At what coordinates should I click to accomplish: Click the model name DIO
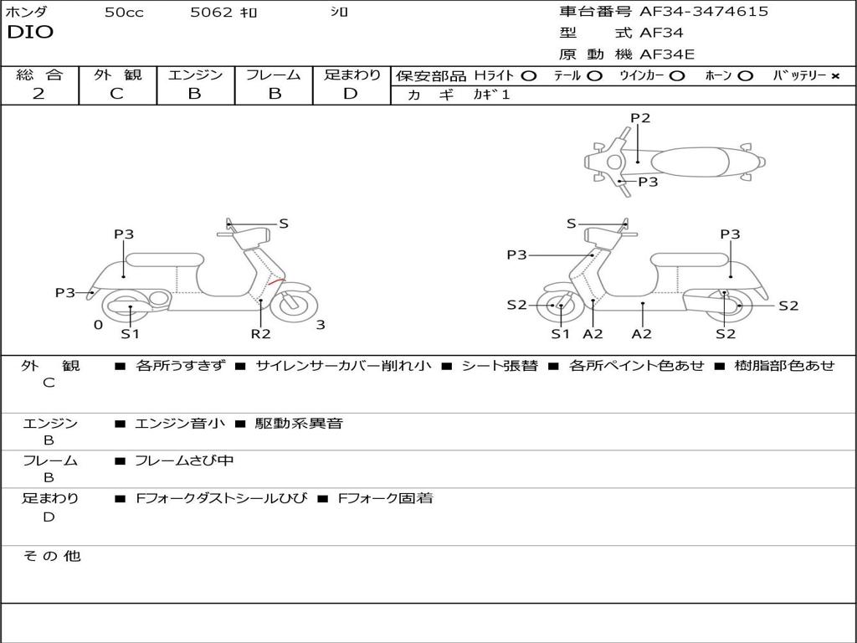tap(30, 33)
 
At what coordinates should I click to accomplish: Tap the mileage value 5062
tap(213, 13)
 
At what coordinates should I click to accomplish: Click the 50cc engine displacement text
tap(124, 13)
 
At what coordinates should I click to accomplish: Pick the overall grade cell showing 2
tap(38, 94)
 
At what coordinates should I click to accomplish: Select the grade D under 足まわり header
tap(351, 94)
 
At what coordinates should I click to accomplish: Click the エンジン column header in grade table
tap(195, 75)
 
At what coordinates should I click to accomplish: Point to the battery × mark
tap(834, 76)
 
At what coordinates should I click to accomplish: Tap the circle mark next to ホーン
tap(745, 76)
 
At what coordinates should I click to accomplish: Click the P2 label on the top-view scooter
tap(640, 118)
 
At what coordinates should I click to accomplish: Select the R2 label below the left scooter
tap(261, 333)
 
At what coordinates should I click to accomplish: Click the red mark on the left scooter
tap(276, 283)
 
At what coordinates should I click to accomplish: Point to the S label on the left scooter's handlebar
tap(284, 224)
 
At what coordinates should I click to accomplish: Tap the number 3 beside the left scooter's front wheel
tap(321, 325)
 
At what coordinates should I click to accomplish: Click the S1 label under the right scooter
tap(560, 333)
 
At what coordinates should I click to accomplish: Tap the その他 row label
tap(51, 556)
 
